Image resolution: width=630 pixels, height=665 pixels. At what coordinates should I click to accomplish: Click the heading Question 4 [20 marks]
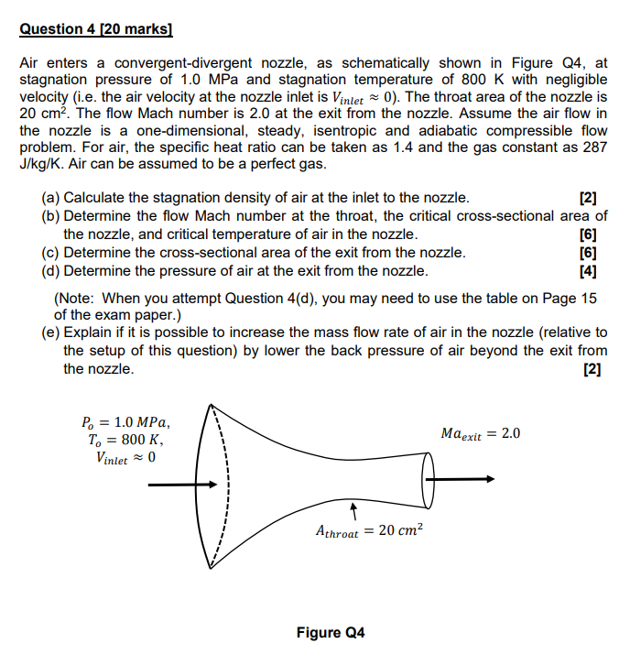[95, 29]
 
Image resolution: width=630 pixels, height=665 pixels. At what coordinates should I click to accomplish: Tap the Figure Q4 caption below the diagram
[331, 633]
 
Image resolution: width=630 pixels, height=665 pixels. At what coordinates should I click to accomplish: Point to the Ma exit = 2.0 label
[480, 433]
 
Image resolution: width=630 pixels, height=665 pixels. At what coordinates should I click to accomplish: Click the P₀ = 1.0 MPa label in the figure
[125, 422]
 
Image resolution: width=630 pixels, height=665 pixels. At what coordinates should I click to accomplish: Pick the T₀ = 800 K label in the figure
[124, 440]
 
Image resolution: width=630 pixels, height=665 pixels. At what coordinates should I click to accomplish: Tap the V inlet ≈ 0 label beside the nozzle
[125, 458]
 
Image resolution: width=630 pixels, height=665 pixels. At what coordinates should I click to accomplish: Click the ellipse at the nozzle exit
[428, 477]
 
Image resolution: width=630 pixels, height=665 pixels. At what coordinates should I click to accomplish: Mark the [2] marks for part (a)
[588, 198]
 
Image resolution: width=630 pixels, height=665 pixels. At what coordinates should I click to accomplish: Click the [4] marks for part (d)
[588, 271]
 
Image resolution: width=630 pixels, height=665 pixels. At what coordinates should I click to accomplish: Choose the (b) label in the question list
[50, 216]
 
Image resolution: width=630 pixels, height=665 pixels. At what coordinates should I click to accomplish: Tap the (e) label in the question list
[50, 332]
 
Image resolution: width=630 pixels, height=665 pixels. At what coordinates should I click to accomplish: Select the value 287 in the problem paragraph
[594, 147]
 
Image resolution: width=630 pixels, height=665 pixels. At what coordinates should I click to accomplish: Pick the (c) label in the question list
[50, 253]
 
